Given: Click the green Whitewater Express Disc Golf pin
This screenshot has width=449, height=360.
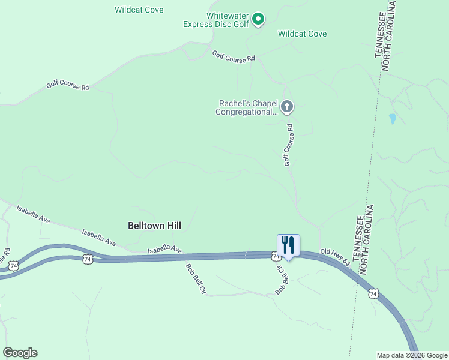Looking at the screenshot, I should pyautogui.click(x=258, y=19).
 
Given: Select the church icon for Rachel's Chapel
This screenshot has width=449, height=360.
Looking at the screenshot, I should pyautogui.click(x=287, y=107).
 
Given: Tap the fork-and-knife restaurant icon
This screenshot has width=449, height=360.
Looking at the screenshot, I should pyautogui.click(x=288, y=245).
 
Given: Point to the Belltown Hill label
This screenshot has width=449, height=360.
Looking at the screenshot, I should pyautogui.click(x=154, y=226).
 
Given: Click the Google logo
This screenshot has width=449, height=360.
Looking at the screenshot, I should pyautogui.click(x=20, y=353).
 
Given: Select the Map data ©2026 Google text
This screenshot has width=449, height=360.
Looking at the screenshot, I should pyautogui.click(x=412, y=355).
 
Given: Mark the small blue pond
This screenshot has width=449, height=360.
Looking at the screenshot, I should pyautogui.click(x=393, y=119).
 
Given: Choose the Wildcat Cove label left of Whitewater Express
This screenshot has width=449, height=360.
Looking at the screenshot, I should pyautogui.click(x=139, y=10).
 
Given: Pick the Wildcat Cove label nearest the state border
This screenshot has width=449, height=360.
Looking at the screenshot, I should pyautogui.click(x=302, y=34).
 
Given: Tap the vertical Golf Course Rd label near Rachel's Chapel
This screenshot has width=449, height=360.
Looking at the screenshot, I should pyautogui.click(x=289, y=145).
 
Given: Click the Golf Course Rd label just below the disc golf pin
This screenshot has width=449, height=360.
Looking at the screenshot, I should pyautogui.click(x=234, y=56).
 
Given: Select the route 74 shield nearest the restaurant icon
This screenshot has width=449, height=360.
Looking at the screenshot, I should pyautogui.click(x=275, y=256).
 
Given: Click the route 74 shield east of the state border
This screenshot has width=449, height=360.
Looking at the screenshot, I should pyautogui.click(x=373, y=293).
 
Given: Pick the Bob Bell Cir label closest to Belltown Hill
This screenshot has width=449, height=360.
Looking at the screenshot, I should pyautogui.click(x=196, y=279).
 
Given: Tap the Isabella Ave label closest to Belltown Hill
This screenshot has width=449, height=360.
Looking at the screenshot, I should pyautogui.click(x=165, y=248).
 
